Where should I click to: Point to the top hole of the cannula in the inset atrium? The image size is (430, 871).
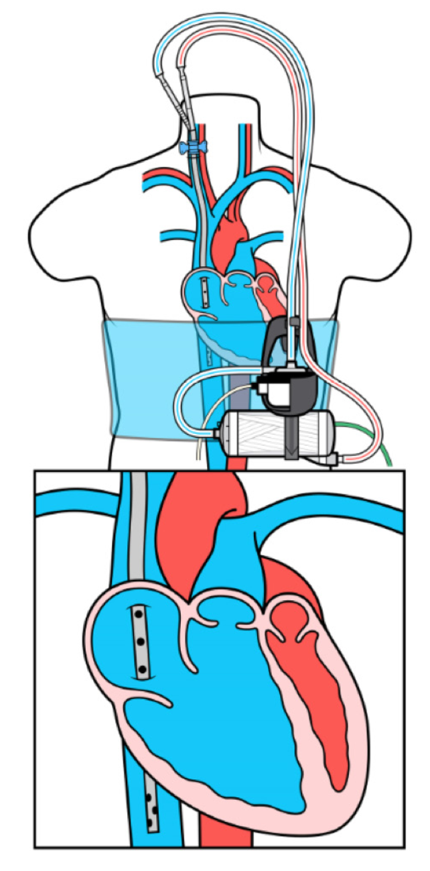(x=139, y=613)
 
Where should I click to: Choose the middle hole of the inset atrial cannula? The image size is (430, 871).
(x=141, y=640)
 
